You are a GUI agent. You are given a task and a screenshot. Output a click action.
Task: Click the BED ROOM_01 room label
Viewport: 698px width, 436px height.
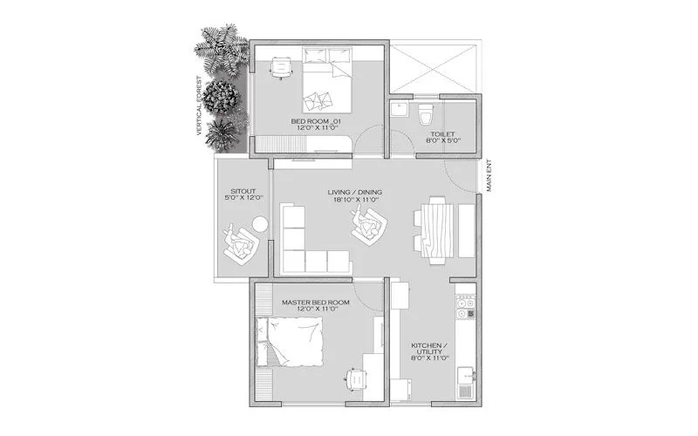(318, 119)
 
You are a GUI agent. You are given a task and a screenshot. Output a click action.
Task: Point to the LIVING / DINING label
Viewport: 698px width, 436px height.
(354, 192)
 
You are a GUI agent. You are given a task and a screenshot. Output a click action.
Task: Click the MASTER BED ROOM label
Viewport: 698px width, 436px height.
(315, 303)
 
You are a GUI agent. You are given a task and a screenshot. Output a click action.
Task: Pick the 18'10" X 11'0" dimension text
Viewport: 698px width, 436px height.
(354, 201)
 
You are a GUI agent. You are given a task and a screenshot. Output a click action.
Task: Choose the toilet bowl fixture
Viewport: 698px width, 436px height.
(426, 113)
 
